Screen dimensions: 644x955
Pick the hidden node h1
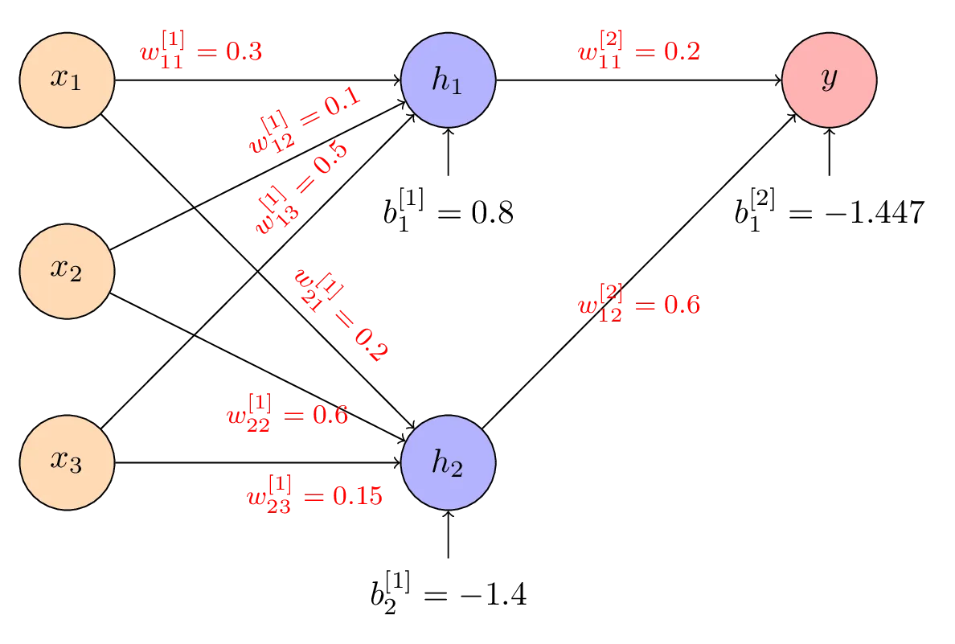[448, 81]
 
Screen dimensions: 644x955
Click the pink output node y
[829, 81]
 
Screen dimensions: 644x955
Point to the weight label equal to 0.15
[314, 492]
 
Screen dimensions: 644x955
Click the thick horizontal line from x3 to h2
[257, 463]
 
